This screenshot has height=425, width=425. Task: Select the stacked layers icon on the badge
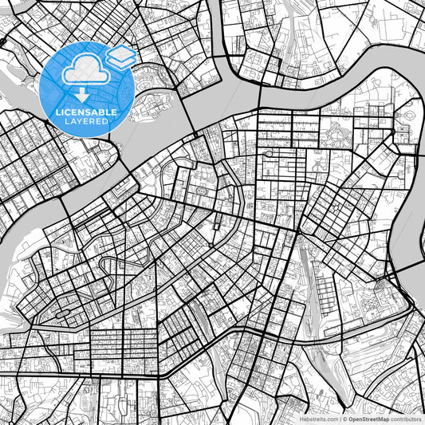pyautogui.click(x=122, y=56)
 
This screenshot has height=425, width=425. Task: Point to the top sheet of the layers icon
pyautogui.click(x=122, y=51)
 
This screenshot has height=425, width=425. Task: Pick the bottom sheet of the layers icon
pyautogui.click(x=122, y=61)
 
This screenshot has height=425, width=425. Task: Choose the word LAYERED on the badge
pyautogui.click(x=88, y=121)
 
